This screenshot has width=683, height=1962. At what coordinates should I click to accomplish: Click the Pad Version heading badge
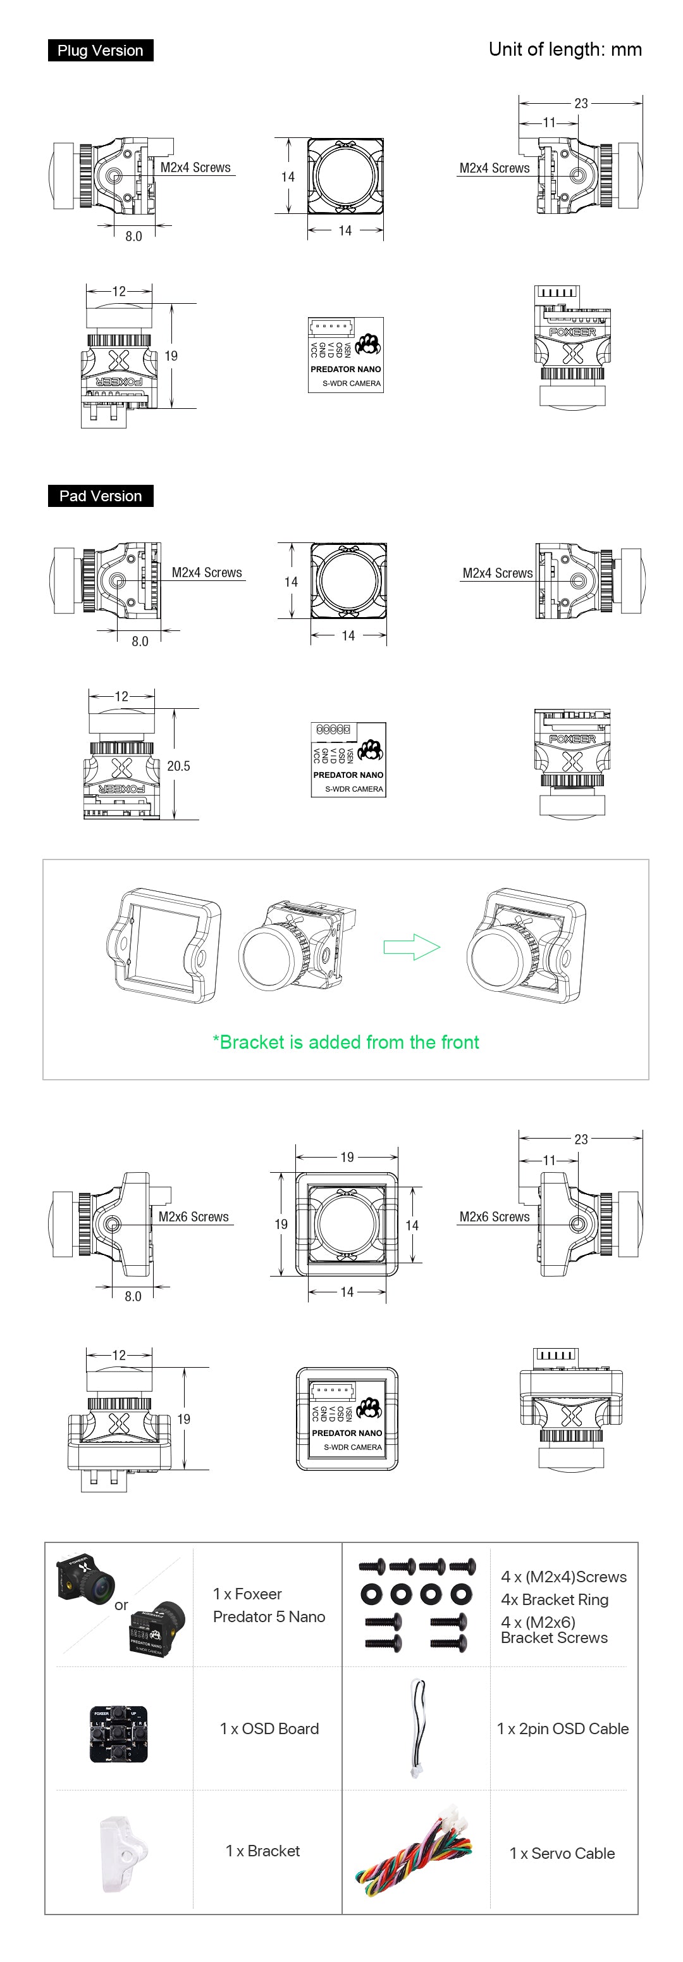(x=101, y=496)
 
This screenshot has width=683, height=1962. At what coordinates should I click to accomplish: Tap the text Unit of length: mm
(x=564, y=49)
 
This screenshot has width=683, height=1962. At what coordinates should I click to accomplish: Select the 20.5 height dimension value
(x=178, y=766)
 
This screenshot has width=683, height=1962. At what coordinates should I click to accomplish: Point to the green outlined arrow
(x=412, y=947)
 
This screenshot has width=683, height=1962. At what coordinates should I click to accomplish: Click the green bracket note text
(x=346, y=1042)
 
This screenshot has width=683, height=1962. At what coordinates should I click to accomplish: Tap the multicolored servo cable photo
(x=414, y=1856)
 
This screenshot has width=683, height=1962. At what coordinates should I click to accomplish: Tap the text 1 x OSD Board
(x=269, y=1729)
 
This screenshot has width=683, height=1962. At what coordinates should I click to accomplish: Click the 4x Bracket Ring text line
(x=555, y=1599)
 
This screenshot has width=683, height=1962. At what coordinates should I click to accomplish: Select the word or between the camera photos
(x=121, y=1605)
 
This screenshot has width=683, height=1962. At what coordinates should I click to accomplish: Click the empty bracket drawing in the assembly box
(x=164, y=944)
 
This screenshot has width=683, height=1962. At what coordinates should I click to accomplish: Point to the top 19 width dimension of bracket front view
(x=347, y=1157)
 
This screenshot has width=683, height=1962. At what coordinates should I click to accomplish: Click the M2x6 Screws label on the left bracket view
(x=194, y=1216)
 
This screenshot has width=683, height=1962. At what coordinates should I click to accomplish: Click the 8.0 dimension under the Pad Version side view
(x=140, y=641)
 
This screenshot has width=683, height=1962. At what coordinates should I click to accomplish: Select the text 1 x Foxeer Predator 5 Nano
(x=269, y=1605)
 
